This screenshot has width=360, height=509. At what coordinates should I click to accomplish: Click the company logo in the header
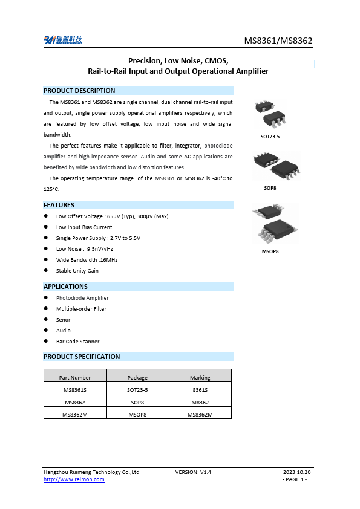(63, 40)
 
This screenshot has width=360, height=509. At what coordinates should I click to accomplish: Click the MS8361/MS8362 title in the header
(278, 41)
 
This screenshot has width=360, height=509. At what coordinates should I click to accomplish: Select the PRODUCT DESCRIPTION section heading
(79, 91)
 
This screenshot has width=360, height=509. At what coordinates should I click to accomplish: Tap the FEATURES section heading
(59, 205)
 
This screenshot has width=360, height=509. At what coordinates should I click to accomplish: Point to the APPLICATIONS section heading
(65, 287)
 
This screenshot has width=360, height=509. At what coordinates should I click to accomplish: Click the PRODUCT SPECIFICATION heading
(82, 357)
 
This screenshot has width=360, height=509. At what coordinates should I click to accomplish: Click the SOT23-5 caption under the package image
(270, 137)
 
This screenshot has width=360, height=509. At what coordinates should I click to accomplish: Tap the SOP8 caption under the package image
(270, 188)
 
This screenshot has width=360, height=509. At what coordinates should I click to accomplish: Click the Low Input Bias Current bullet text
(84, 227)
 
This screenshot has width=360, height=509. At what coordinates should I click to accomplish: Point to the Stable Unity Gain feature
(77, 271)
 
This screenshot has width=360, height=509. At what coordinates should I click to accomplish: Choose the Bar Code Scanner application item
(77, 342)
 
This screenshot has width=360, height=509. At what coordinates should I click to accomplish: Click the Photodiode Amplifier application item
(82, 298)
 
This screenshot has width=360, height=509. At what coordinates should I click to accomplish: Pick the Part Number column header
(75, 377)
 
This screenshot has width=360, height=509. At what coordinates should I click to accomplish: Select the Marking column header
(200, 377)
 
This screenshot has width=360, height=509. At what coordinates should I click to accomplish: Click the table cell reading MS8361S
(75, 390)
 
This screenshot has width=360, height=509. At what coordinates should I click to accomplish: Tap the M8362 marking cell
(200, 402)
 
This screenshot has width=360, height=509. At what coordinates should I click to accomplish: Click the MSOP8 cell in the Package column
(137, 415)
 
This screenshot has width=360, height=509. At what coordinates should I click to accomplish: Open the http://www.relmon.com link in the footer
(74, 479)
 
